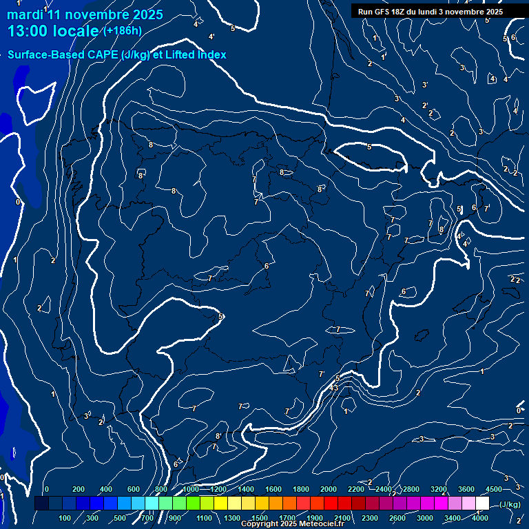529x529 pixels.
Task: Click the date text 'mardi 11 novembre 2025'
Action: pyautogui.click(x=85, y=14)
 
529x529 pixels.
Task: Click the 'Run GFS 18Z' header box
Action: pyautogui.click(x=430, y=11)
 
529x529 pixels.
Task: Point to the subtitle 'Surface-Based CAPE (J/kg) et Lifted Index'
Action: pyautogui.click(x=117, y=54)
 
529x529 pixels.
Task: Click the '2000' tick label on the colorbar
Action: pyautogui.click(x=329, y=489)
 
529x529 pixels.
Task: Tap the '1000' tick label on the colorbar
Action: pyautogui.click(x=191, y=489)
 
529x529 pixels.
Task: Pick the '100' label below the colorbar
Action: pyautogui.click(x=65, y=518)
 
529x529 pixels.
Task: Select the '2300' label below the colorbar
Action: pyautogui.click(x=370, y=518)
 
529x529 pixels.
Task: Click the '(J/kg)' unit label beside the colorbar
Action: pyautogui.click(x=510, y=504)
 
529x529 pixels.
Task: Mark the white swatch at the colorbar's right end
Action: pyautogui.click(x=483, y=504)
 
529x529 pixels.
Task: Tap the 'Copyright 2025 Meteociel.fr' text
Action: pyautogui.click(x=292, y=524)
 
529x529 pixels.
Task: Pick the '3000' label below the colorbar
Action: pyautogui.click(x=425, y=518)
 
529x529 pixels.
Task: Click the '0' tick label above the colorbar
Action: pyautogui.click(x=47, y=489)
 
